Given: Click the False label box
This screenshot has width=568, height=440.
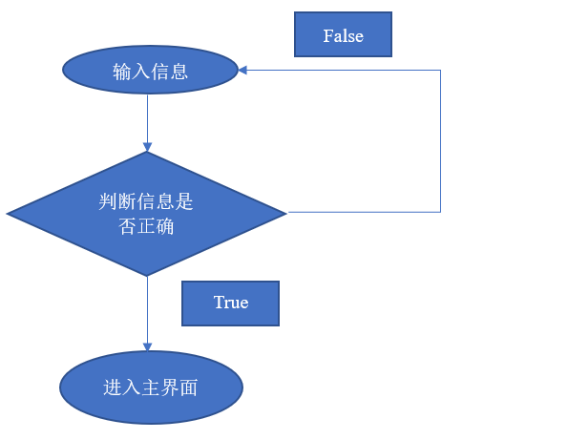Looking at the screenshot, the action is click(343, 34).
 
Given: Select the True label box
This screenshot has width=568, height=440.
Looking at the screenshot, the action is click(230, 304).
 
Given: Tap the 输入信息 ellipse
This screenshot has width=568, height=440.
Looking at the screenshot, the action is click(150, 70).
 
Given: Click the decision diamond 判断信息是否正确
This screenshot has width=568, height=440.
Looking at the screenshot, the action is click(147, 214).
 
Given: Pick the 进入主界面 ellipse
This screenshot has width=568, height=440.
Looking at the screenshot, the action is click(151, 388).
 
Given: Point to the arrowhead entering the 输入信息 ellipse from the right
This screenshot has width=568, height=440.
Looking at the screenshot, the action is click(242, 70).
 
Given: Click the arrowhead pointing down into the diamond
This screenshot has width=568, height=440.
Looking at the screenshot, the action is click(147, 147).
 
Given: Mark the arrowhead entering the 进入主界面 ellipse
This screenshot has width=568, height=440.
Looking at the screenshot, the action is click(147, 346).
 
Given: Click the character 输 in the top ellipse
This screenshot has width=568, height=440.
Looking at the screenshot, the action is click(122, 72).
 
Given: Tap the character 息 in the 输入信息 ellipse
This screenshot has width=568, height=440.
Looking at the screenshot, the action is click(179, 72).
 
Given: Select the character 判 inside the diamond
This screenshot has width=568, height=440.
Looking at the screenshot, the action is click(108, 201).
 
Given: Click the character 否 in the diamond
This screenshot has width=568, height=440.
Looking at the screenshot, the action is click(127, 227).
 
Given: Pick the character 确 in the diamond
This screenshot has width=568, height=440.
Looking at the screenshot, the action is click(165, 227).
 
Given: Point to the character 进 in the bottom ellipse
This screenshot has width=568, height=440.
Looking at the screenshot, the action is click(113, 388).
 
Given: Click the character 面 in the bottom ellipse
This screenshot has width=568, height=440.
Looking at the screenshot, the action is click(188, 388).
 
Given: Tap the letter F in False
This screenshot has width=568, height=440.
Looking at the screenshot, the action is click(328, 36).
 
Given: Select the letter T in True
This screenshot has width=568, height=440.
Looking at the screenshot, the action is click(220, 303).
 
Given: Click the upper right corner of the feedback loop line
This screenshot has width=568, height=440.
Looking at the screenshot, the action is click(440, 70).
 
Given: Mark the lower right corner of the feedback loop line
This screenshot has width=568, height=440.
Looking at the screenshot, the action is click(440, 212).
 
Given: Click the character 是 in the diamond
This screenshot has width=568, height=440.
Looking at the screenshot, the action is click(183, 201).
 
